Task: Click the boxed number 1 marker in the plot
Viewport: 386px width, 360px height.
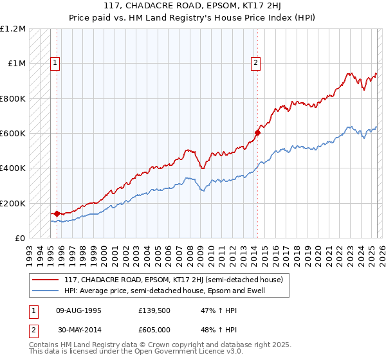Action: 55,63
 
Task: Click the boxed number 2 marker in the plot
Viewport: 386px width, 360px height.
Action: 256,63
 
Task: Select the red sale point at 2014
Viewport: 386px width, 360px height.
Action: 257,133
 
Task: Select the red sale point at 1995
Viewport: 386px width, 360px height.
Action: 57,213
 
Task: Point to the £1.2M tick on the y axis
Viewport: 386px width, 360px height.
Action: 13,29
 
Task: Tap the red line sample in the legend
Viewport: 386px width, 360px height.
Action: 46,280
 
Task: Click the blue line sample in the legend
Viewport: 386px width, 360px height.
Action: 46,291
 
